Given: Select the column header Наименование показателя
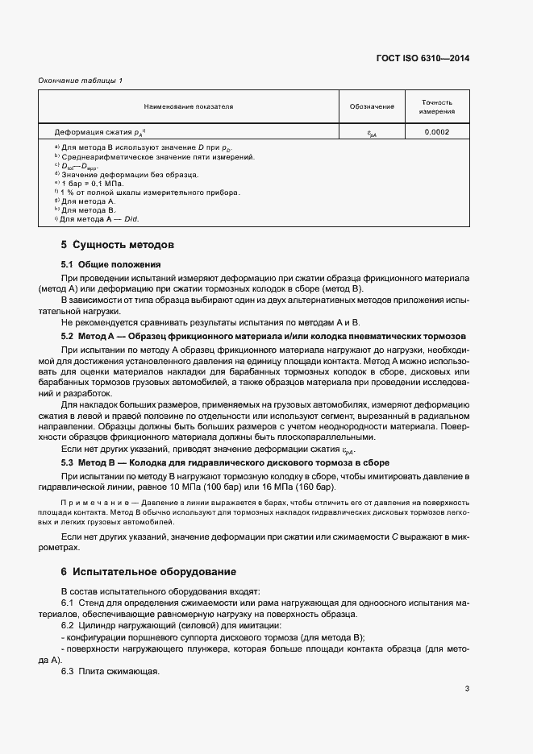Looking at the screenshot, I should click(x=188, y=106).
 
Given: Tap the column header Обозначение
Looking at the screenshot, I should click(x=372, y=106).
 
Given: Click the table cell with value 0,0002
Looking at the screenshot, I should click(x=436, y=131).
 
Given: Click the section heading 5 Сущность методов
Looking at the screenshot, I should click(x=118, y=244).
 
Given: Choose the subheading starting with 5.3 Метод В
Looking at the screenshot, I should click(x=226, y=463).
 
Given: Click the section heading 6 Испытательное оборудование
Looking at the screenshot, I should click(x=149, y=572).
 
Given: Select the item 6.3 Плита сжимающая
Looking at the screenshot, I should click(x=111, y=672).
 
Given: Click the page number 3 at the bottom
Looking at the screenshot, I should click(x=467, y=688).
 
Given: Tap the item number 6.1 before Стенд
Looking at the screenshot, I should click(x=68, y=603).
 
